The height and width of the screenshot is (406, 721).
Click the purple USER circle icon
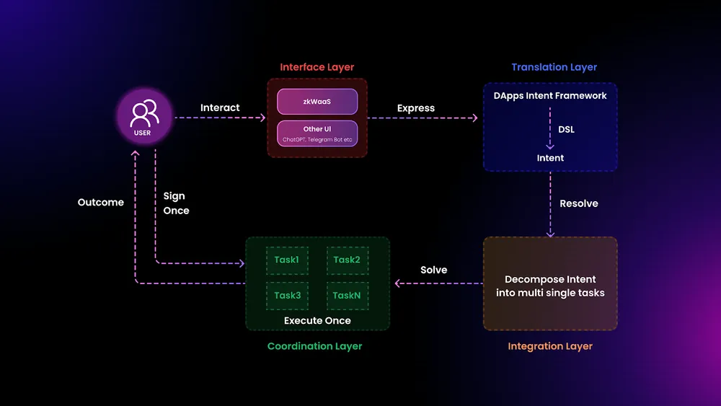pos(145,118)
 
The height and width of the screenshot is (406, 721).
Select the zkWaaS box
pos(317,102)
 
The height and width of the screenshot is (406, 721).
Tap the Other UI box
pos(317,133)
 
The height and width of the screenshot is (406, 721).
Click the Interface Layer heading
pos(317,67)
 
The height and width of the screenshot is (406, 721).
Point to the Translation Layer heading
pos(554,67)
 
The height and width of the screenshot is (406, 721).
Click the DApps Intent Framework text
pos(550,95)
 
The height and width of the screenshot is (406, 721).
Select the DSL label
pos(566,130)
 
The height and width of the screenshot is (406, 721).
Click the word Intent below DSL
pos(550,158)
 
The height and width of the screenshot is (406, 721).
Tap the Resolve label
pos(578,203)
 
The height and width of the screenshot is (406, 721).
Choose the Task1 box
pos(286,260)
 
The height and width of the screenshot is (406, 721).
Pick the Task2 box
pos(347,260)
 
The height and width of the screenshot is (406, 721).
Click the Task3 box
pos(286,296)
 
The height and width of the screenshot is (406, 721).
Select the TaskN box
pos(347,296)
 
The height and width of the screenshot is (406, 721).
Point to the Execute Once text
pos(317,320)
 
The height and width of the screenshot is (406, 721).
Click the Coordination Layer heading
pos(314,346)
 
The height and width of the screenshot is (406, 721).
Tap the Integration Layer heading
pos(550,346)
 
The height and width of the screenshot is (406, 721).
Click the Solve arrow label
pos(433,270)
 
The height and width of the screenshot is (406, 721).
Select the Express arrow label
pos(416,108)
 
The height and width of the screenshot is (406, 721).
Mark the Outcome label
pos(101,203)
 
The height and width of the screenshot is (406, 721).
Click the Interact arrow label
pos(220,107)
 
